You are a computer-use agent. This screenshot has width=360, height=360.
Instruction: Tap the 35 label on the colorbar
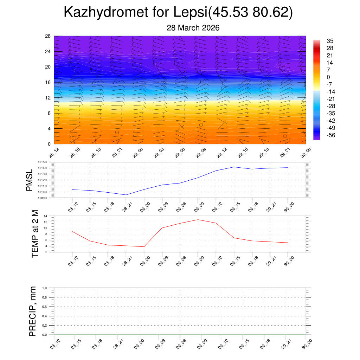[330, 41]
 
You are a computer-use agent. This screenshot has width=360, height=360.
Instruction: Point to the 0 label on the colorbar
[328, 77]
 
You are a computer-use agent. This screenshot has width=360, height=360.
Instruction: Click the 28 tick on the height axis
[48, 36]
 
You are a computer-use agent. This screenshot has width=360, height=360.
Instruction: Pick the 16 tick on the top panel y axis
[48, 82]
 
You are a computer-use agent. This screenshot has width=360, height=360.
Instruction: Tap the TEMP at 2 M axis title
[35, 234]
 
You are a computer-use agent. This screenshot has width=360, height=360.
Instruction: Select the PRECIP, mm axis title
[33, 311]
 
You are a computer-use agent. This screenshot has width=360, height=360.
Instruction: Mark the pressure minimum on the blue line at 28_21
[126, 195]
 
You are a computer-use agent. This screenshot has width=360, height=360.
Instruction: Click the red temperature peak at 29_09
[198, 220]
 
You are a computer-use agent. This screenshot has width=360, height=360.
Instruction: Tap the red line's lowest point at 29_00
[144, 246]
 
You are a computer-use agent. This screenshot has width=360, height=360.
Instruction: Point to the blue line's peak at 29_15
[234, 167]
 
